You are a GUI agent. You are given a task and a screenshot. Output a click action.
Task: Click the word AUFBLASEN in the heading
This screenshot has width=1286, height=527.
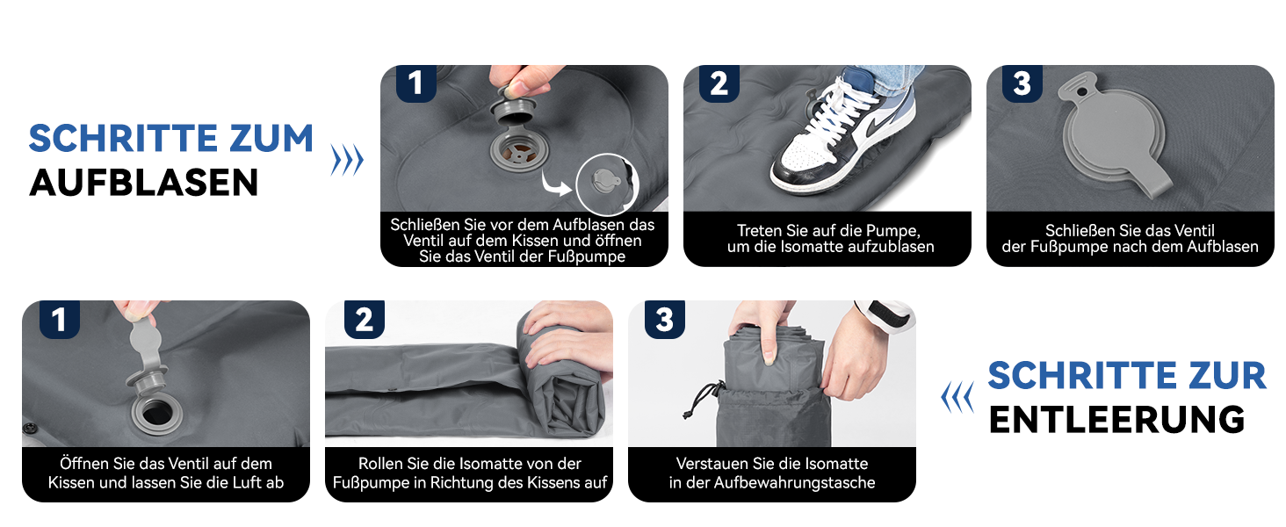click(143, 183)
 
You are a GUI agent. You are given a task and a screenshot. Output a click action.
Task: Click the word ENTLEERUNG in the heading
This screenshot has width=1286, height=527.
click(1116, 420)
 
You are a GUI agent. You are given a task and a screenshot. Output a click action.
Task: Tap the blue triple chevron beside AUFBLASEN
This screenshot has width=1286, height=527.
click(347, 160)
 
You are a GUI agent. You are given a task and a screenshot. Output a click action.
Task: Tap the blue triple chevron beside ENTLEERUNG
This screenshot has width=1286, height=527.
click(957, 397)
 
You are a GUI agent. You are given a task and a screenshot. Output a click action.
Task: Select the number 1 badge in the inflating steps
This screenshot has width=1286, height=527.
click(416, 83)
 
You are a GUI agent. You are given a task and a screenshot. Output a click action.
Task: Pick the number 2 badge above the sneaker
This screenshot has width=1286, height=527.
click(719, 83)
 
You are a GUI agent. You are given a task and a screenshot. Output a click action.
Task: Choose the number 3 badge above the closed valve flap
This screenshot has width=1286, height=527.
click(1022, 83)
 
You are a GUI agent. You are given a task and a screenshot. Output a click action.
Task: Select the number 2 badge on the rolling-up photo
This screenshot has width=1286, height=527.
click(364, 319)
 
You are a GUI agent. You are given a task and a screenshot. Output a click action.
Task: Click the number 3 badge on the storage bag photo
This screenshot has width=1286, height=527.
click(665, 319)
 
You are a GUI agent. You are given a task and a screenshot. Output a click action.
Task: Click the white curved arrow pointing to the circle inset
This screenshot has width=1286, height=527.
click(556, 183)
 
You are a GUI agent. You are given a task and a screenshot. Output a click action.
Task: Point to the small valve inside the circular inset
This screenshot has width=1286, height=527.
click(606, 181)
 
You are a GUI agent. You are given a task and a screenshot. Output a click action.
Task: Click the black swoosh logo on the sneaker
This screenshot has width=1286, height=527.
click(873, 128)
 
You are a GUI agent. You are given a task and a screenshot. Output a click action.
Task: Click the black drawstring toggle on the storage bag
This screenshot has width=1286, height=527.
click(687, 414)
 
